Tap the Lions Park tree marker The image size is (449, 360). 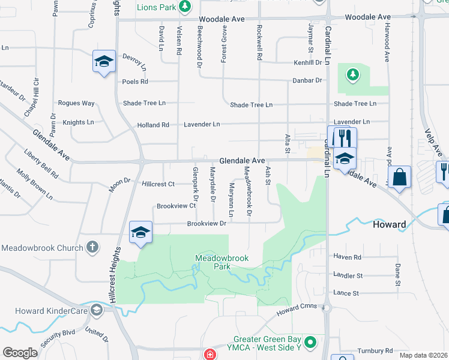[185, 7]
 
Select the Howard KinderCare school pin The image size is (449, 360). [96, 310]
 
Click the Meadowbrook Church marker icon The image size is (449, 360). [92, 247]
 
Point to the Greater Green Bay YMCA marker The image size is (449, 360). [310, 343]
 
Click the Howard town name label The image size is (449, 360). [390, 224]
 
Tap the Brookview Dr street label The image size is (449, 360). [206, 223]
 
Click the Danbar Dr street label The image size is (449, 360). [306, 80]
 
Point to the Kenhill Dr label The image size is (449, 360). [308, 62]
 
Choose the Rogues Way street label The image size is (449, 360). [76, 103]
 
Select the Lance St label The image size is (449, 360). [346, 293]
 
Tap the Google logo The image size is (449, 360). [20, 353]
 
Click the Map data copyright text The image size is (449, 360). [423, 355]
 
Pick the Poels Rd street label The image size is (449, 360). [135, 82]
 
